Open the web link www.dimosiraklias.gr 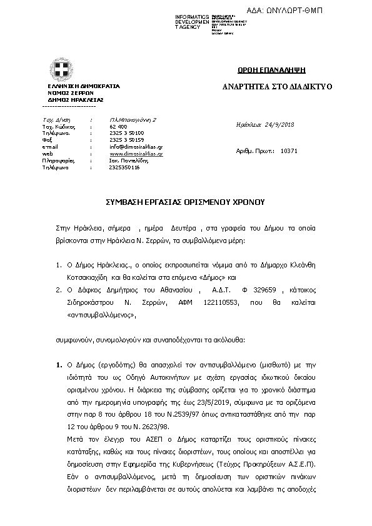pyautogui.click(x=136, y=154)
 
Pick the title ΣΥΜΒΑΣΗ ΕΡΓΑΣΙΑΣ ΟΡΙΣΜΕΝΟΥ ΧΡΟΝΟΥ pyautogui.click(x=186, y=202)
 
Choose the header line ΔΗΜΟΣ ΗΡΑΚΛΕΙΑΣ pyautogui.click(x=76, y=99)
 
